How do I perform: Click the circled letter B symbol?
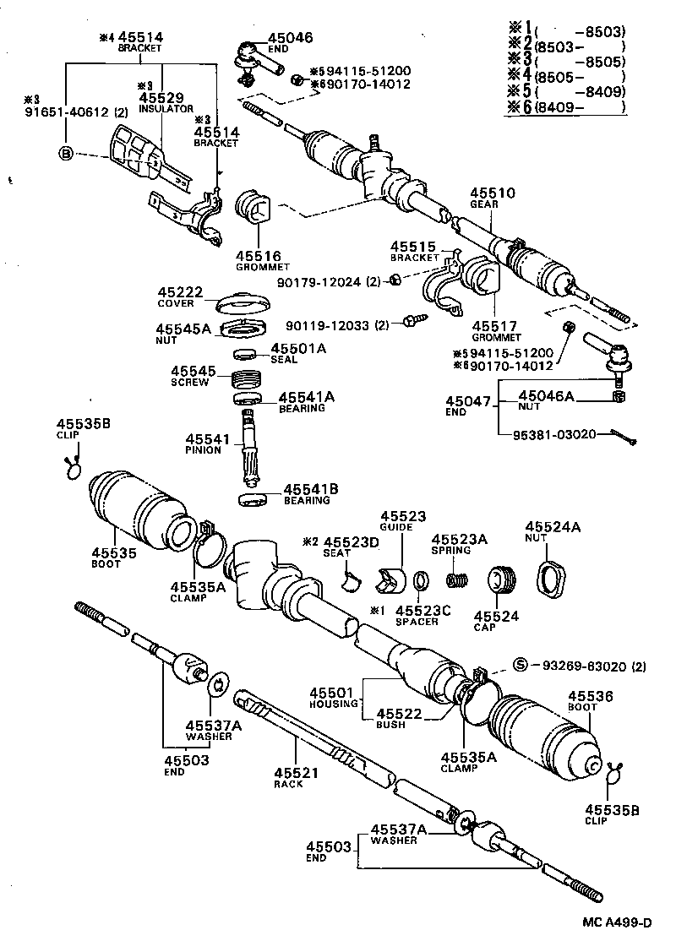coord(66,153)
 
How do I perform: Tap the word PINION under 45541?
coord(204,450)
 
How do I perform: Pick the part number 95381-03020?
coord(554,434)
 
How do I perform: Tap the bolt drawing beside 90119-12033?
coord(417,321)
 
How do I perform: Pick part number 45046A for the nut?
coord(545,395)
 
